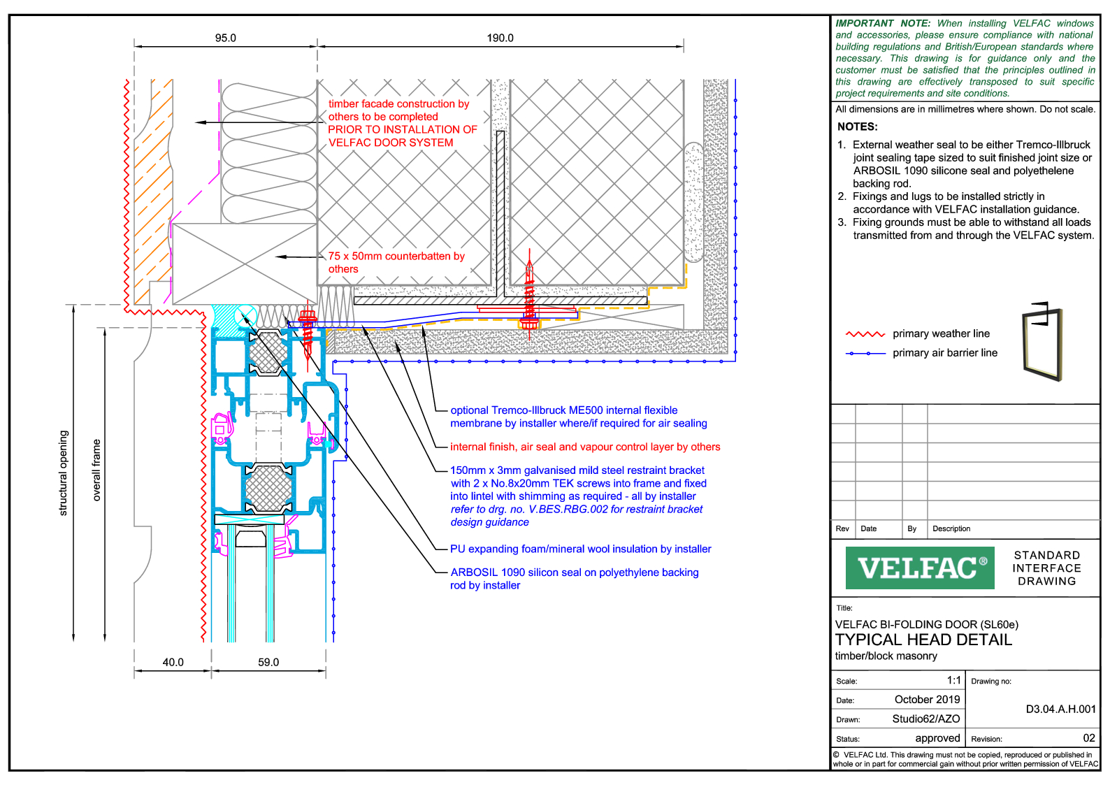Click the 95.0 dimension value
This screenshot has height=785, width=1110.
tap(225, 38)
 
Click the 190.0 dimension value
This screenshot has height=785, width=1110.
tap(500, 38)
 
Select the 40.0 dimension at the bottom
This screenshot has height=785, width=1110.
tap(173, 662)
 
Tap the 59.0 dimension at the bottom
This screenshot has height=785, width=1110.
tap(268, 662)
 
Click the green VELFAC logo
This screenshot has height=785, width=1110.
tap(919, 568)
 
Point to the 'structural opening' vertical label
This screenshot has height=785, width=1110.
tap(63, 473)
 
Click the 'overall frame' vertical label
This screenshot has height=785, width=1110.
tap(96, 470)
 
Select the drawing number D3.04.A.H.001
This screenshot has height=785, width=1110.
tap(1060, 709)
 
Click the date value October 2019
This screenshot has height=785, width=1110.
tap(927, 699)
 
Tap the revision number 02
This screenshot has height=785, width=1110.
tap(1088, 737)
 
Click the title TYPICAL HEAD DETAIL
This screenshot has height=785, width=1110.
tap(923, 640)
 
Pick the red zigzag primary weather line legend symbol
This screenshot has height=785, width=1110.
tap(865, 334)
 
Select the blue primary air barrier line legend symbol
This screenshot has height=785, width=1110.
tap(865, 353)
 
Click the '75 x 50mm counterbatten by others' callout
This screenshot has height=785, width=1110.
tap(396, 262)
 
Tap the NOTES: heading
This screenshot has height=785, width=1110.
tap(857, 127)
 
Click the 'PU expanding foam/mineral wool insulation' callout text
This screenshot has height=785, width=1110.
tap(580, 549)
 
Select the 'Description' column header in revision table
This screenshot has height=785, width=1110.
tap(951, 528)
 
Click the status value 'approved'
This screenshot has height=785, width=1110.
tap(937, 738)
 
